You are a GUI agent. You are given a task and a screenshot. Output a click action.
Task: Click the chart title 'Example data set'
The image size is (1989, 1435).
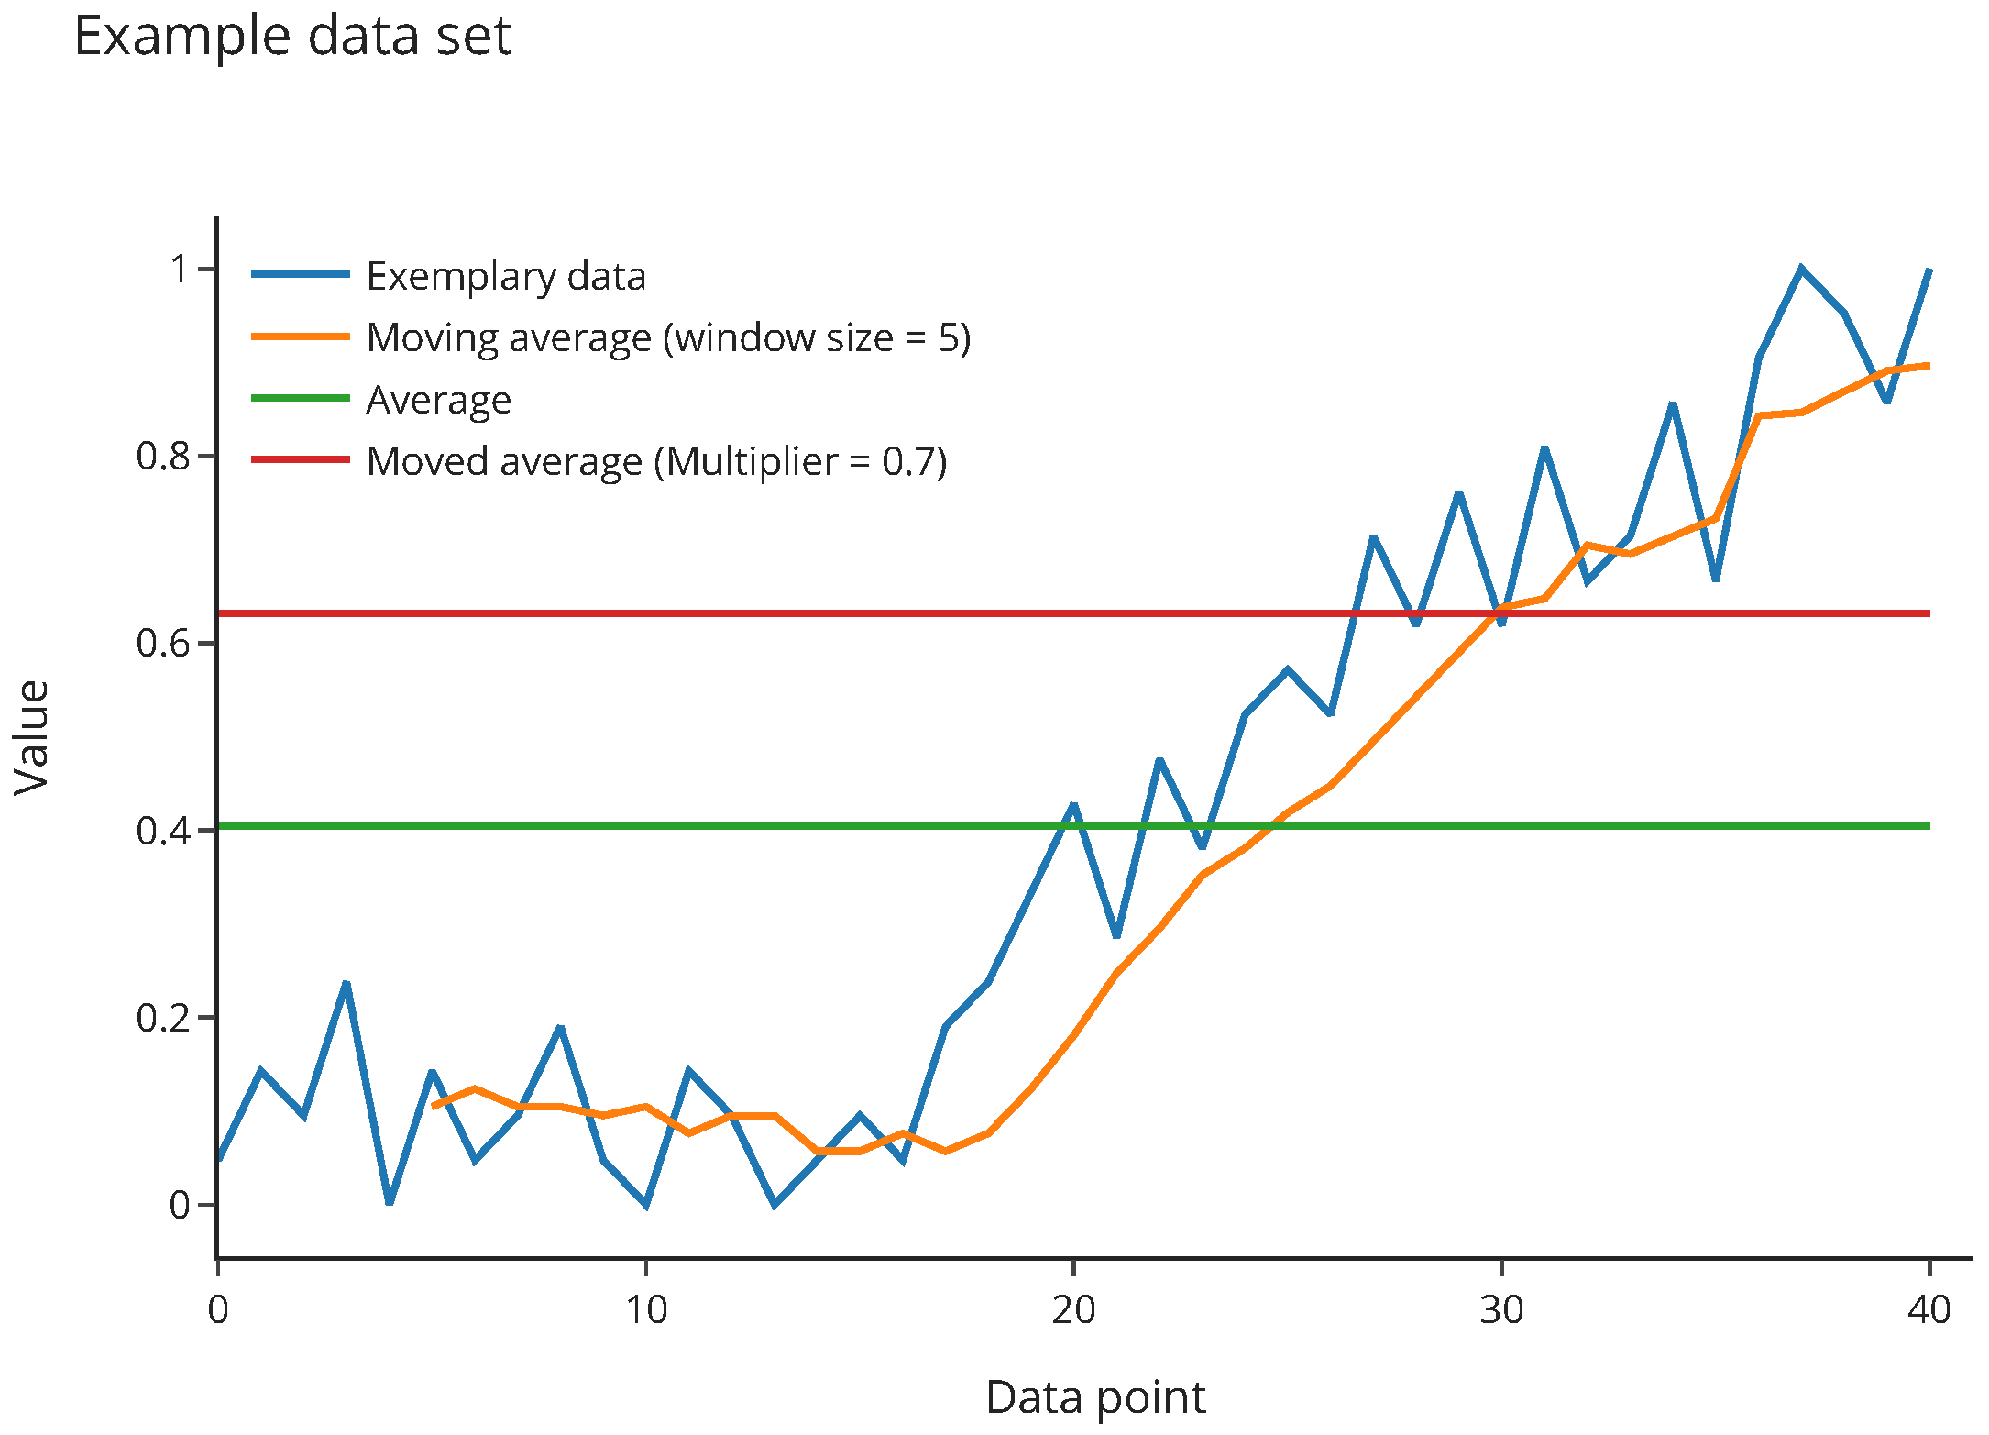coord(292,37)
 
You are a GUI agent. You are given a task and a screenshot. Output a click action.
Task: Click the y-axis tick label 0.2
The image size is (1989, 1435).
coord(163,1018)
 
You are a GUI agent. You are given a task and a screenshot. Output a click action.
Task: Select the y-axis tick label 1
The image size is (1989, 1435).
coord(181,270)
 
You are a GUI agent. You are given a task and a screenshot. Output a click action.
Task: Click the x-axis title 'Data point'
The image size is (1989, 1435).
coord(1095,1397)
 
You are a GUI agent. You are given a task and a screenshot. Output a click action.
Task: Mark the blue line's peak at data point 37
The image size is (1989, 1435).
coord(1801,269)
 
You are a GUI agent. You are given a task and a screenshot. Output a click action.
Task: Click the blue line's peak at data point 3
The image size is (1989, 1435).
coord(346,984)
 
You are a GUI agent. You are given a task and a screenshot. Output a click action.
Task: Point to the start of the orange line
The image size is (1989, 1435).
coord(433,1107)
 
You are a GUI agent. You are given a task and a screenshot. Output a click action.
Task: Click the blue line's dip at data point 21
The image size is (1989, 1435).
coord(1116,935)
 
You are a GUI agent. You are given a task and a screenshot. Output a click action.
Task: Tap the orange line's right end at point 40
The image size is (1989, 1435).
coord(1929,366)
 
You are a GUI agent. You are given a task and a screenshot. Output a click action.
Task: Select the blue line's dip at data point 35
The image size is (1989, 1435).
coord(1715,579)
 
